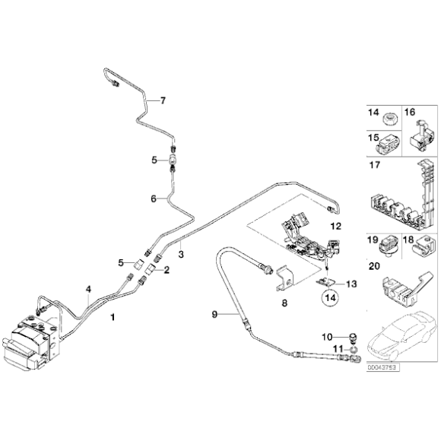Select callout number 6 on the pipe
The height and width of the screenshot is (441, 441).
(154, 198)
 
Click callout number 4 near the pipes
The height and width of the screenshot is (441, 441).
(89, 290)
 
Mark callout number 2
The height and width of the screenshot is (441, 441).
(167, 270)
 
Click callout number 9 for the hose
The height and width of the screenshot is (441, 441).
(214, 313)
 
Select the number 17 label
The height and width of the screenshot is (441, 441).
(374, 165)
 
